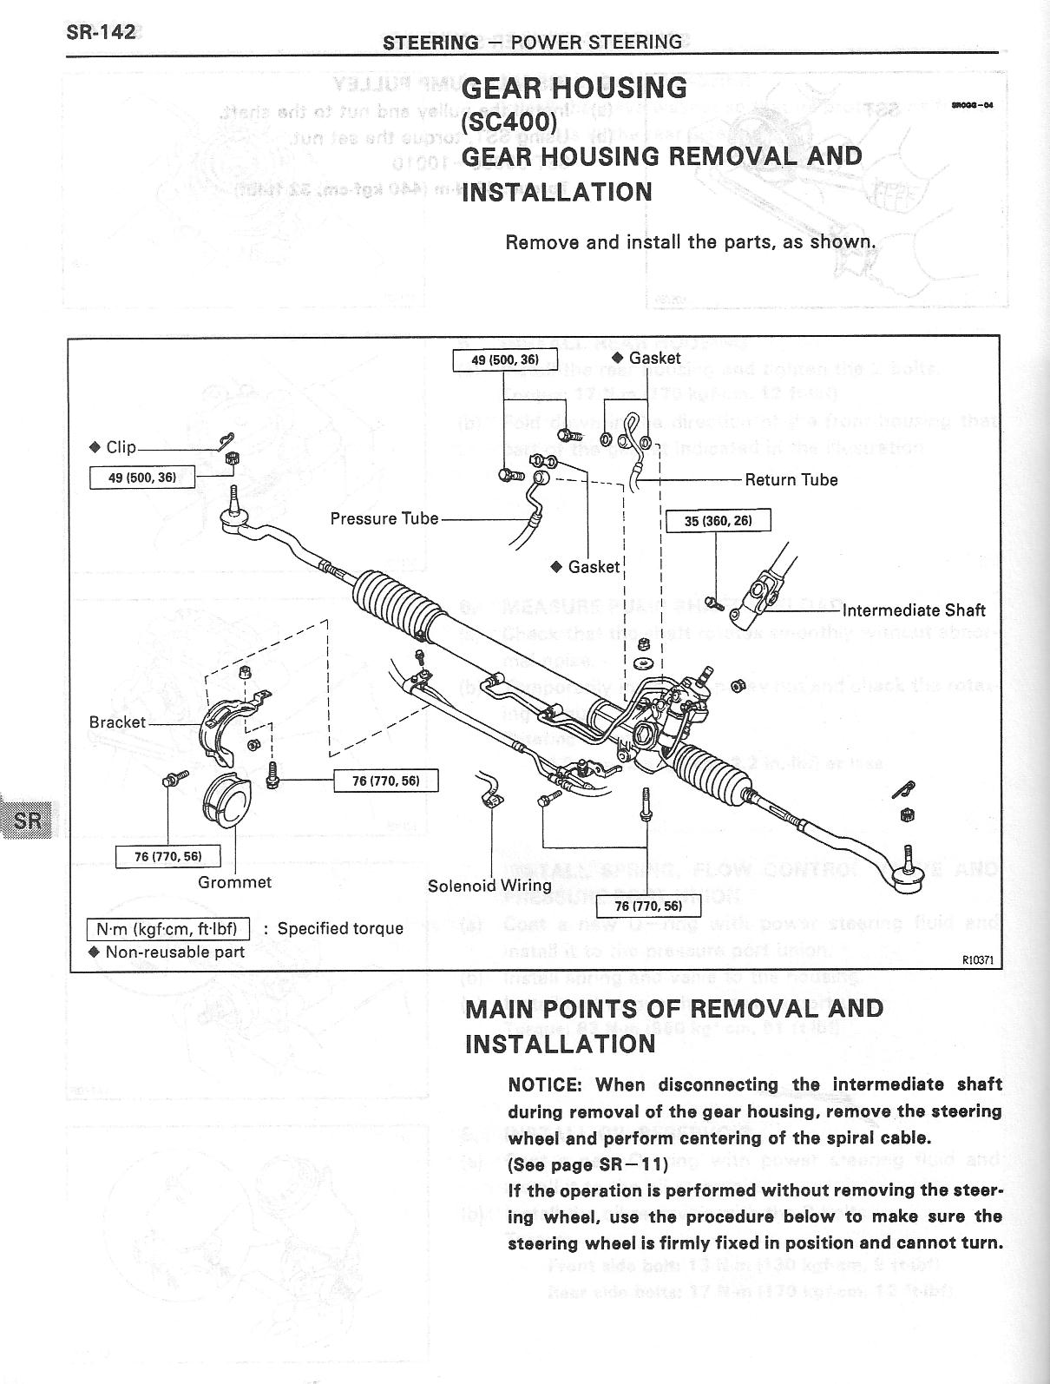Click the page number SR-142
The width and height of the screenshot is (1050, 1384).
[x=101, y=32]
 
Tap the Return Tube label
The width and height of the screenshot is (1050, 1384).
[x=791, y=479]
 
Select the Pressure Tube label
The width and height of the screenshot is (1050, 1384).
[x=384, y=518]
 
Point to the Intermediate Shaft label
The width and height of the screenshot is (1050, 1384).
[x=914, y=610]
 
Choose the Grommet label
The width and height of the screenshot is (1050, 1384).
[x=234, y=882]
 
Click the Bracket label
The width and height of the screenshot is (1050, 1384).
[x=117, y=722]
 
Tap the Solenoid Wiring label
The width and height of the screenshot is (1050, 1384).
[x=489, y=886]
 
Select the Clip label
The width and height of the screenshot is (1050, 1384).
[x=121, y=447]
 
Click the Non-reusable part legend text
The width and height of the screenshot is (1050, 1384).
[x=174, y=952]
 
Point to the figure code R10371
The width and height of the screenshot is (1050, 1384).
[x=977, y=960]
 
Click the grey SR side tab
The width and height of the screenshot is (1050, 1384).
[x=27, y=819]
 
